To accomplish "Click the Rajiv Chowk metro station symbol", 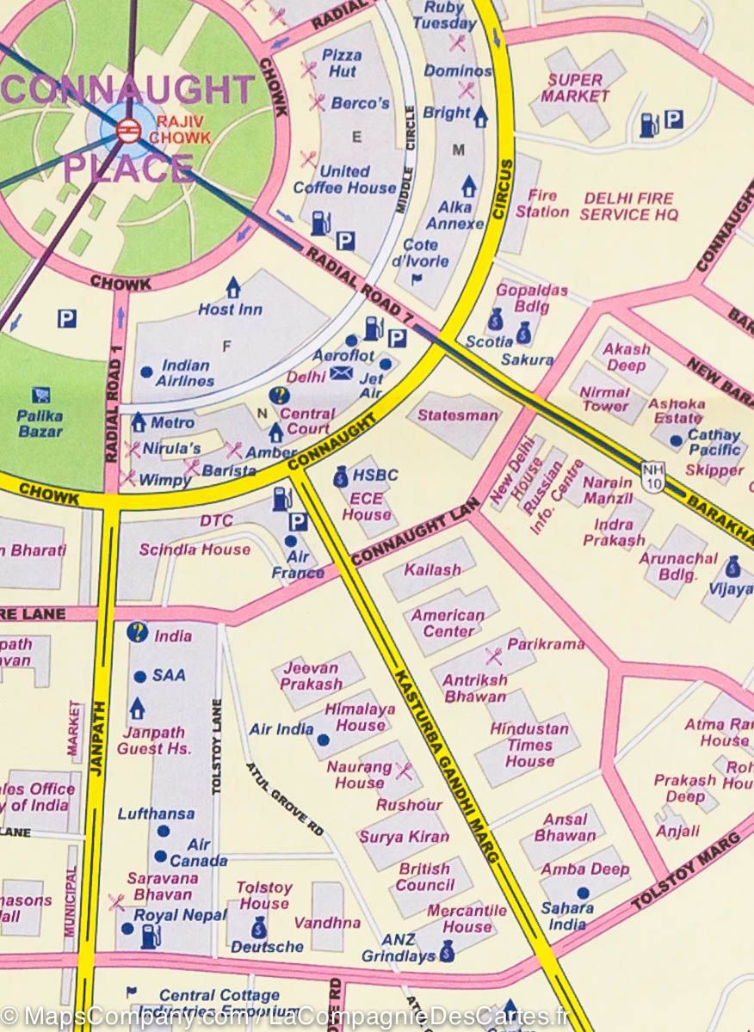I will [128, 131].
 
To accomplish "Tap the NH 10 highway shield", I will [652, 476].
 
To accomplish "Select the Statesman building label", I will [457, 415].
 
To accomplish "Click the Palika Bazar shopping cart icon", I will [40, 395].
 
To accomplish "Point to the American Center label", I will [447, 623].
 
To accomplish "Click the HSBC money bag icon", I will [341, 476].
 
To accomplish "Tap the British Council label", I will [424, 876].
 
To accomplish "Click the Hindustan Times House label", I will [529, 745].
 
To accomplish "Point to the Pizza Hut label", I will [341, 63].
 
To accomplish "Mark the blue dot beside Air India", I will [323, 739].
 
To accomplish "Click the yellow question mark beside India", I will [137, 633].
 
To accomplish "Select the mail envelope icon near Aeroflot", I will [342, 373].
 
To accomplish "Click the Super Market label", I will [575, 88].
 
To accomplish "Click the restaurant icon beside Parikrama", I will [493, 656].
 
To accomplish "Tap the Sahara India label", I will [567, 916].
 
